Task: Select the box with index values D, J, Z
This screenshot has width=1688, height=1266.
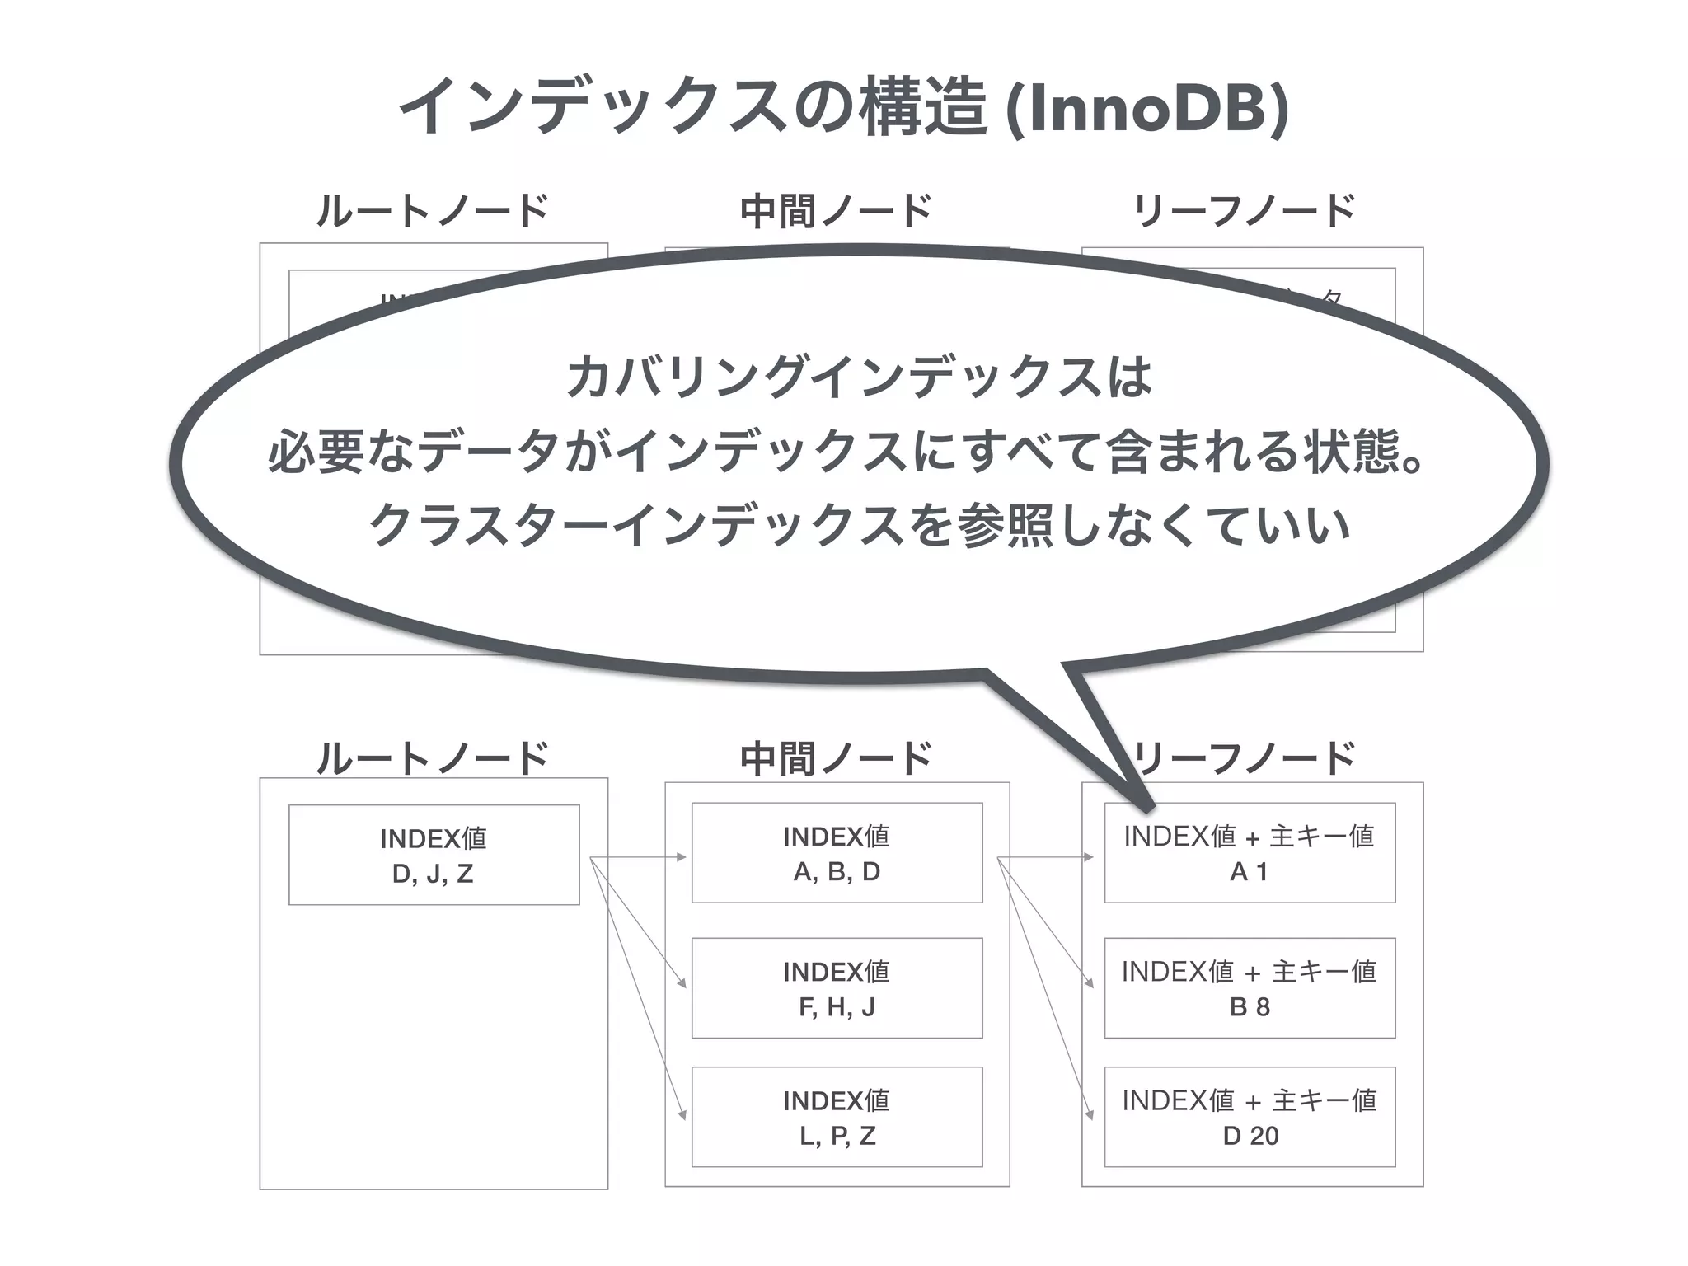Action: click(434, 855)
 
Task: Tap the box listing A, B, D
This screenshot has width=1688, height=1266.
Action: click(837, 853)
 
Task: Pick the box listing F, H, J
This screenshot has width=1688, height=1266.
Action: click(837, 988)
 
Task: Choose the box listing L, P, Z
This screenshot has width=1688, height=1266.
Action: click(837, 1117)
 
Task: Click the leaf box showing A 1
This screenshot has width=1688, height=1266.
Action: click(1250, 853)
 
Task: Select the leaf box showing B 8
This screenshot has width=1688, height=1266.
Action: click(1250, 988)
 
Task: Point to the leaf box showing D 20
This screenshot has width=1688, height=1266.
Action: click(1250, 1117)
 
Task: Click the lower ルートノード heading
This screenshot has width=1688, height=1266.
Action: click(433, 757)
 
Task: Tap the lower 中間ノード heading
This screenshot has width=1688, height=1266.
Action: click(836, 757)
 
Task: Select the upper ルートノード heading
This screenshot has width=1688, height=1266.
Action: click(433, 210)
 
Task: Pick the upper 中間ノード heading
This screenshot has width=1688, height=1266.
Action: click(836, 210)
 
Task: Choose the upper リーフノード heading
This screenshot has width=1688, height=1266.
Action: click(1245, 210)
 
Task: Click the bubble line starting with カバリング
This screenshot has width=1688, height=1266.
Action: click(859, 377)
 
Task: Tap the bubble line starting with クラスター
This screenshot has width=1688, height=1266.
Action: click(859, 525)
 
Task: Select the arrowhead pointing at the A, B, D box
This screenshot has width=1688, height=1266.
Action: click(682, 857)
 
